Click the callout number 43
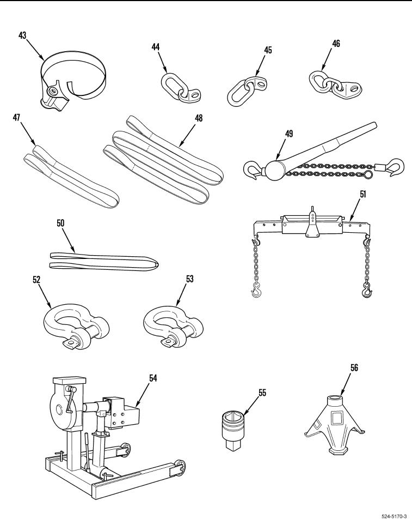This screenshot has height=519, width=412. pos(22,36)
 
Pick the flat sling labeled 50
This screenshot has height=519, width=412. pos(103,261)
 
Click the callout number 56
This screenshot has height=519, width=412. pos(354,369)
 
